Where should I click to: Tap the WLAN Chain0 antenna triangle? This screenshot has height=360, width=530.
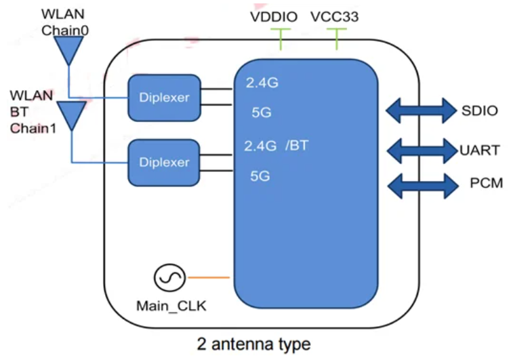[68, 49]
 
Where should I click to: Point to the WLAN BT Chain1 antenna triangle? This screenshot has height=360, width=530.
[71, 115]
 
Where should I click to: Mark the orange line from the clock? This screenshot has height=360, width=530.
[210, 277]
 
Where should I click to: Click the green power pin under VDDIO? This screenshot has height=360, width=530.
[280, 39]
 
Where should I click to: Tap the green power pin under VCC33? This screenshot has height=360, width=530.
[337, 39]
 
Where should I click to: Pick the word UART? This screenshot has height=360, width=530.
[479, 148]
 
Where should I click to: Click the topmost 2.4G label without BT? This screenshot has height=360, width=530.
[262, 83]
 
